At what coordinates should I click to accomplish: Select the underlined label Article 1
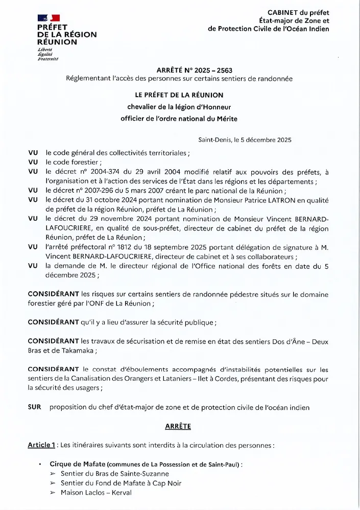click(x=41, y=445)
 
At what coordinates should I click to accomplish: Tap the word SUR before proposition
click(x=35, y=407)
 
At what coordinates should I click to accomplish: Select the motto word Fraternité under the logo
click(x=48, y=59)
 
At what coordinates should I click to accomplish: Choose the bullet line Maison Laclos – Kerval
click(x=96, y=493)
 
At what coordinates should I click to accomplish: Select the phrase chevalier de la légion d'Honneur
click(x=176, y=107)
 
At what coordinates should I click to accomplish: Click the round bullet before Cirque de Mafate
click(x=40, y=464)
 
